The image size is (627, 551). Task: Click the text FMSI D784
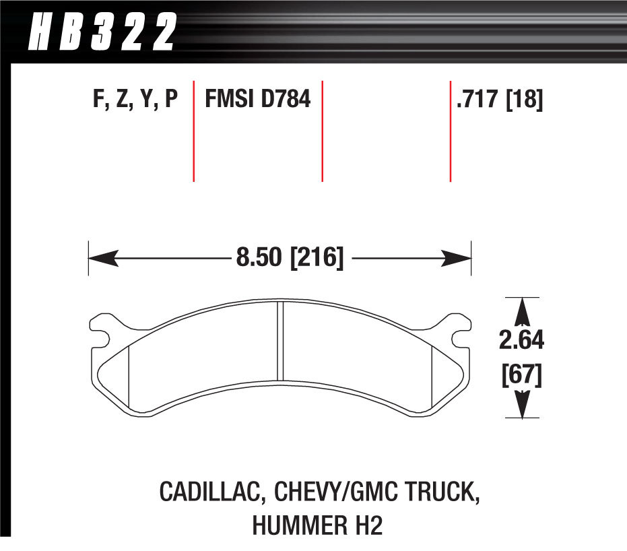(x=257, y=100)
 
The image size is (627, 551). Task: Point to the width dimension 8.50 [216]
(x=289, y=258)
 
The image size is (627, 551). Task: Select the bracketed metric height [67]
(x=521, y=374)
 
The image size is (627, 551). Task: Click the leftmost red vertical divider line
(x=194, y=131)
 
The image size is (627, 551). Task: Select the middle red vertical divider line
(x=323, y=131)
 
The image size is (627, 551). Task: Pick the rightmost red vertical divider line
(x=450, y=131)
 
